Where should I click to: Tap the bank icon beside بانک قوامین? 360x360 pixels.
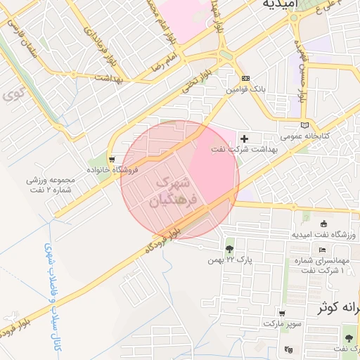pos(245,79)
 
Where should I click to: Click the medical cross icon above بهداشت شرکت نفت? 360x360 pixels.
pos(244,138)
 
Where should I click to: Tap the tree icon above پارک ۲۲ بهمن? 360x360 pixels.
pos(229,249)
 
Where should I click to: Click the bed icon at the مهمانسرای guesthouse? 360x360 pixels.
pos(322,250)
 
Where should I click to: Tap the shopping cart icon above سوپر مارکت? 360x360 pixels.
pos(282,314)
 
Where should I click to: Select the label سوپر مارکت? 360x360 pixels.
pos(283,324)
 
